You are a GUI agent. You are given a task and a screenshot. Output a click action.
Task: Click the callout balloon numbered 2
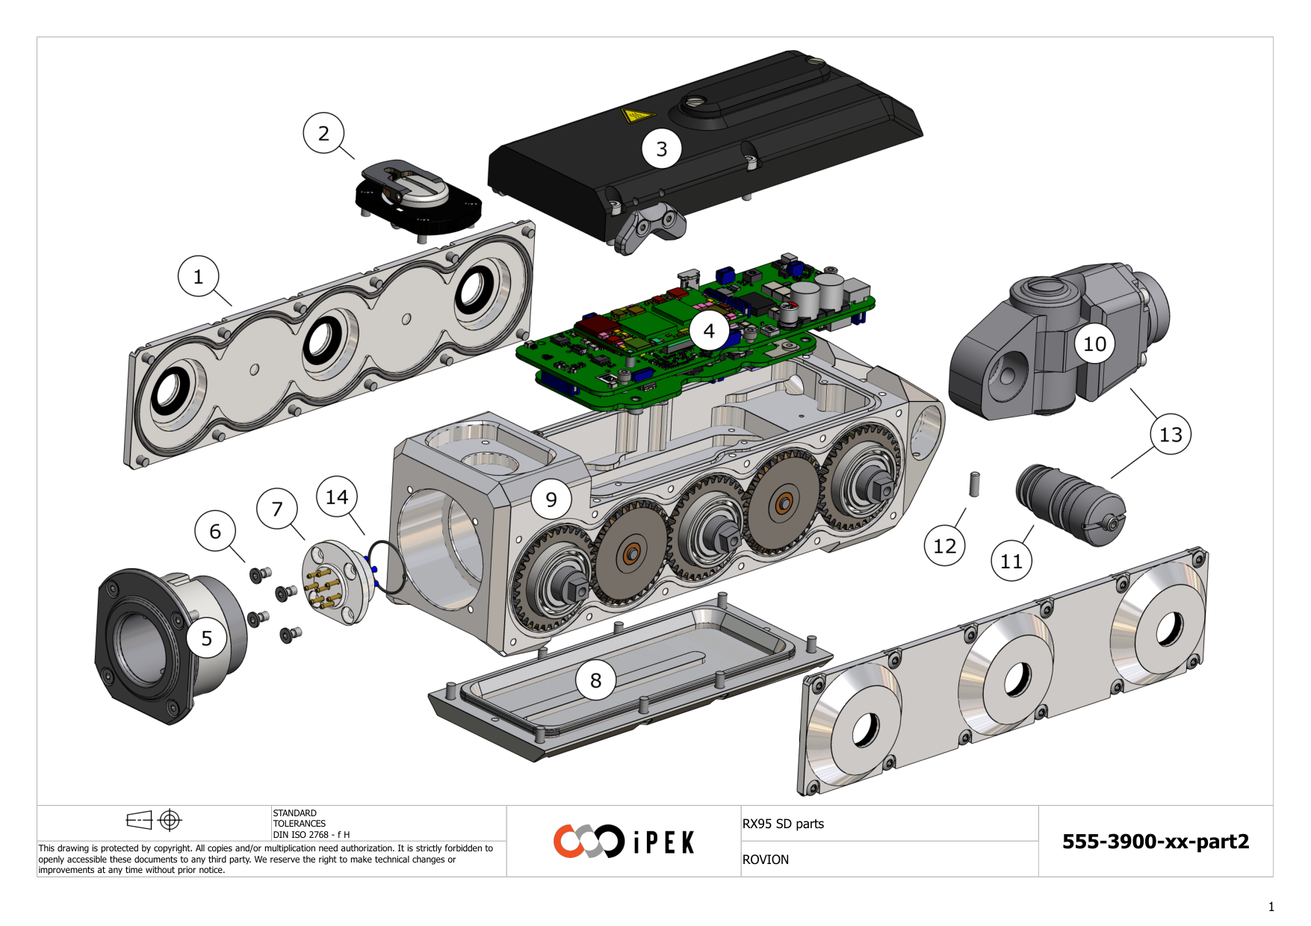(x=323, y=133)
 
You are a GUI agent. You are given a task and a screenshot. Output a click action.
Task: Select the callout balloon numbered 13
(x=1171, y=434)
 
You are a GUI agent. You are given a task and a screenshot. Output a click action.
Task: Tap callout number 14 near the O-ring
(x=337, y=497)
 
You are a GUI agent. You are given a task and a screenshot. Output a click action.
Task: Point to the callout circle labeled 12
(x=944, y=546)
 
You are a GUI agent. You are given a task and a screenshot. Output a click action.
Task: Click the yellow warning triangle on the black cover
(x=636, y=115)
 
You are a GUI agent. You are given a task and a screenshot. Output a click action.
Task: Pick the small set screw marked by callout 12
(x=974, y=484)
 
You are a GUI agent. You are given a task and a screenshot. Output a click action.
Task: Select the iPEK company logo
(x=624, y=842)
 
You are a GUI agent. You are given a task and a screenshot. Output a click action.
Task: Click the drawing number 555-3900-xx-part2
(x=1155, y=842)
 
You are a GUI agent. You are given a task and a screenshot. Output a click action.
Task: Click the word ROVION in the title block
(x=766, y=860)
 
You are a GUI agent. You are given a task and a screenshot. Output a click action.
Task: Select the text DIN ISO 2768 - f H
(x=311, y=835)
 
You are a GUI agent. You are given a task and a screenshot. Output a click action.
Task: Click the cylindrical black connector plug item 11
(x=1070, y=504)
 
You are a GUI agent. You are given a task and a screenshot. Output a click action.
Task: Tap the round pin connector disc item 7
(x=335, y=582)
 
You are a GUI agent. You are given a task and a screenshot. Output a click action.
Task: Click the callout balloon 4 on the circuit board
(x=709, y=331)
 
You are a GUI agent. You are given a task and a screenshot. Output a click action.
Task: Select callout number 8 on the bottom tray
(x=595, y=680)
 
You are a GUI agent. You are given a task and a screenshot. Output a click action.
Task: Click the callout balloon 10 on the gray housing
(x=1094, y=344)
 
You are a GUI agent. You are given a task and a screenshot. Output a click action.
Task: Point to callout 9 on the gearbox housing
(x=551, y=499)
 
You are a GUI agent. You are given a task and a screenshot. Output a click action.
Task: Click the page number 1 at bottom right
(x=1271, y=907)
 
